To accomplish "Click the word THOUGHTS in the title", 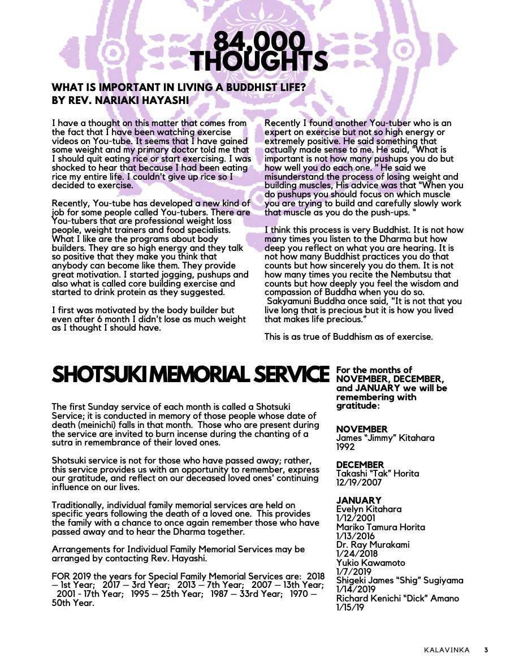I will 259,61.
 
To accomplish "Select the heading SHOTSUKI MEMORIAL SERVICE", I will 191,375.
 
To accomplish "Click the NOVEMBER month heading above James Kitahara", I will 362,430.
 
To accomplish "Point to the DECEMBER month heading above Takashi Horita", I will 360,465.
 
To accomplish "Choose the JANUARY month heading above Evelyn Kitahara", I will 358,500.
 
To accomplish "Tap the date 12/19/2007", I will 359,483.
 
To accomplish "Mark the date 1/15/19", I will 350,607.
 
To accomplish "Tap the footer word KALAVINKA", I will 447,650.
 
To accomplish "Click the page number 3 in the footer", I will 486,650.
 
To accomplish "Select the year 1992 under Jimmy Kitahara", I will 345,447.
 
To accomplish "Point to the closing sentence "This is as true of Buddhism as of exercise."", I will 348,337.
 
